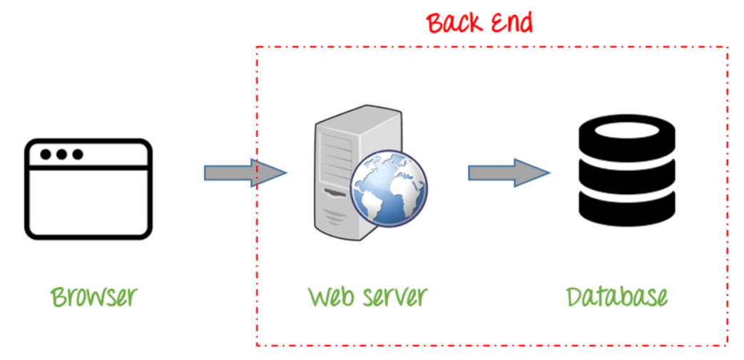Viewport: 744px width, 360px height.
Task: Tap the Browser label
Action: (x=93, y=295)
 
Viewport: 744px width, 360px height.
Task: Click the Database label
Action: (x=617, y=296)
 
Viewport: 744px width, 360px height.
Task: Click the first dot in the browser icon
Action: (x=46, y=154)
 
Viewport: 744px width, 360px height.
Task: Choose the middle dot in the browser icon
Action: (x=61, y=154)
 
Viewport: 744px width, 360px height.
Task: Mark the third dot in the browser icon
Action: (x=77, y=154)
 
